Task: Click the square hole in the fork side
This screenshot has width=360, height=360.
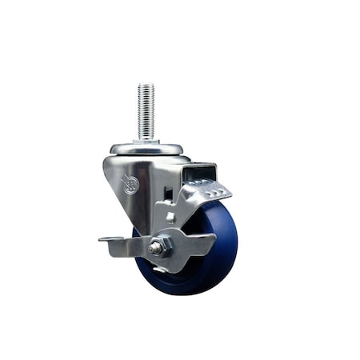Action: (x=170, y=217)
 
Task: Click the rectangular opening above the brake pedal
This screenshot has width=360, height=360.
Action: (x=194, y=173)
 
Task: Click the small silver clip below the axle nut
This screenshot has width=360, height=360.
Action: (x=160, y=270)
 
